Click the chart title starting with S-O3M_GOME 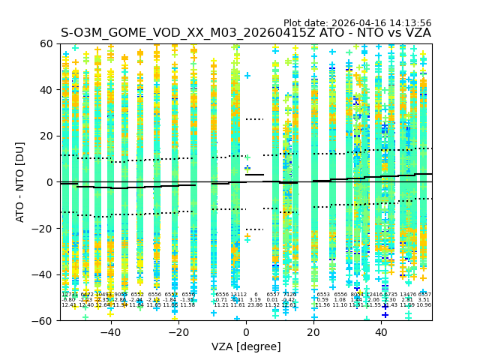pos(246,33)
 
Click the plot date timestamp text pos(357,23)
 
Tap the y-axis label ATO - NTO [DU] pos(20,181)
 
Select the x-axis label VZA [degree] pos(246,346)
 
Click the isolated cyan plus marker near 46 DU pos(247,76)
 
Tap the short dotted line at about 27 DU pos(254,119)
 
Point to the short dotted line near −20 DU pos(254,229)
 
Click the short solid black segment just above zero pos(254,175)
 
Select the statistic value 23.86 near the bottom pos(255,305)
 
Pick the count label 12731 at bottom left pos(69,295)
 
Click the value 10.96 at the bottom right pos(424,305)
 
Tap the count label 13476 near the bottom pos(408,295)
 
